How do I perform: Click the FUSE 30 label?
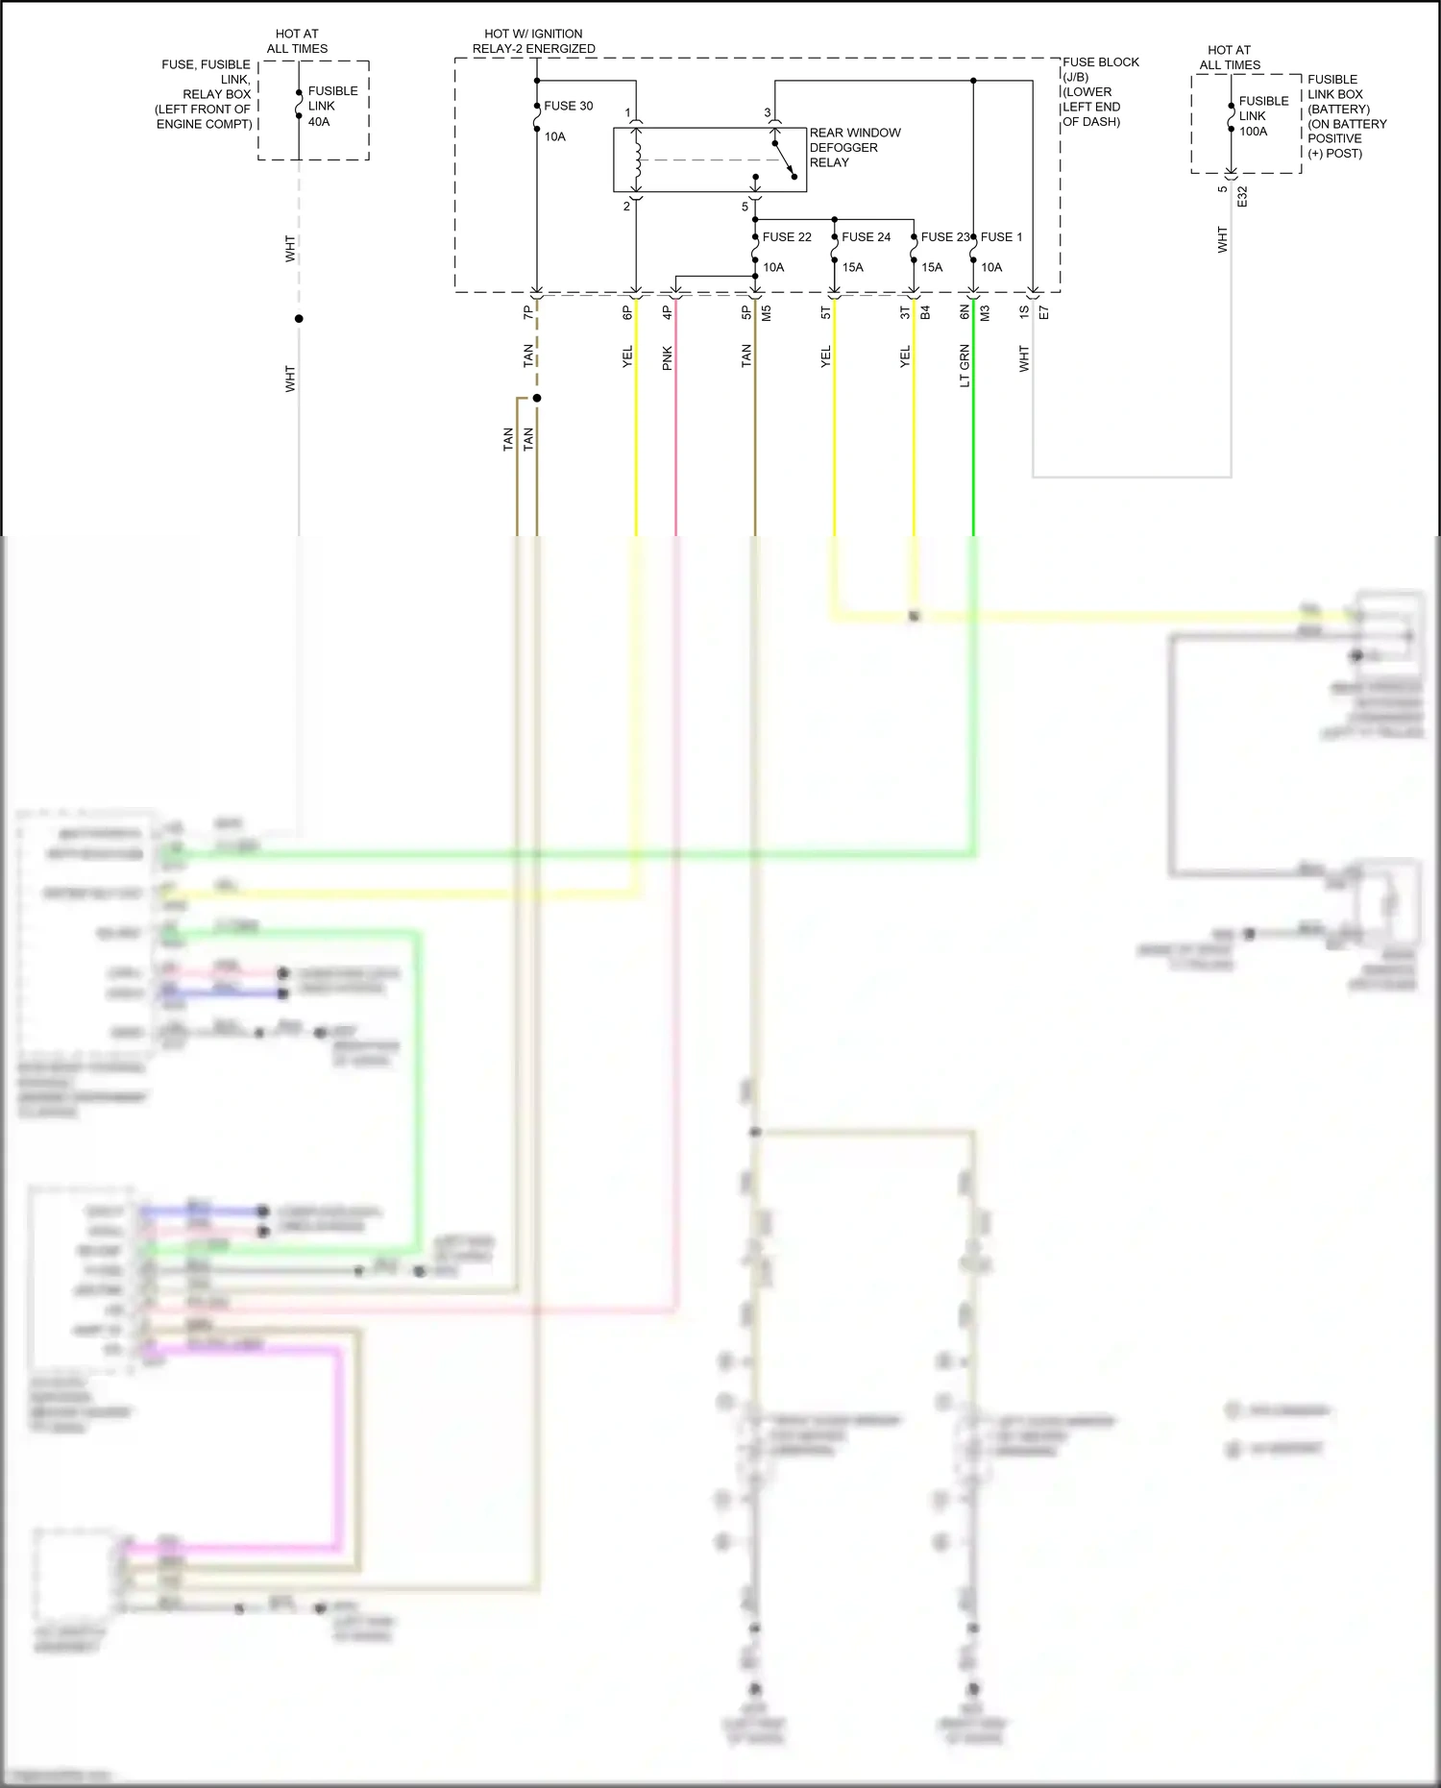click(568, 106)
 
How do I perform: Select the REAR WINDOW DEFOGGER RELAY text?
click(854, 147)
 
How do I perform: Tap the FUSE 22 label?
click(786, 236)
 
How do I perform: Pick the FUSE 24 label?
click(866, 236)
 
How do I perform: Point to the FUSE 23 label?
click(944, 236)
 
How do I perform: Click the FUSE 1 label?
click(1002, 236)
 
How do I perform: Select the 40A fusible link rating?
click(319, 122)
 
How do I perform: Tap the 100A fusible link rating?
click(1253, 132)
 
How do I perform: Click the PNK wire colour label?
click(667, 358)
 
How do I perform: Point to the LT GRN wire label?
click(965, 366)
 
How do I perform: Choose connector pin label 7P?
click(527, 313)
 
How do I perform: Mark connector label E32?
click(1241, 197)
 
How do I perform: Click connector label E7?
click(1044, 312)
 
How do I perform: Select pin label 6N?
click(965, 312)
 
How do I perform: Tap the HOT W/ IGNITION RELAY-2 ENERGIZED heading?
click(533, 40)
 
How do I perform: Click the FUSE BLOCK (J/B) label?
click(1100, 69)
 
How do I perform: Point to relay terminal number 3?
click(767, 112)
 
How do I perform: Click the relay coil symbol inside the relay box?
click(636, 159)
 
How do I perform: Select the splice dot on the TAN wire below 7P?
click(537, 398)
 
